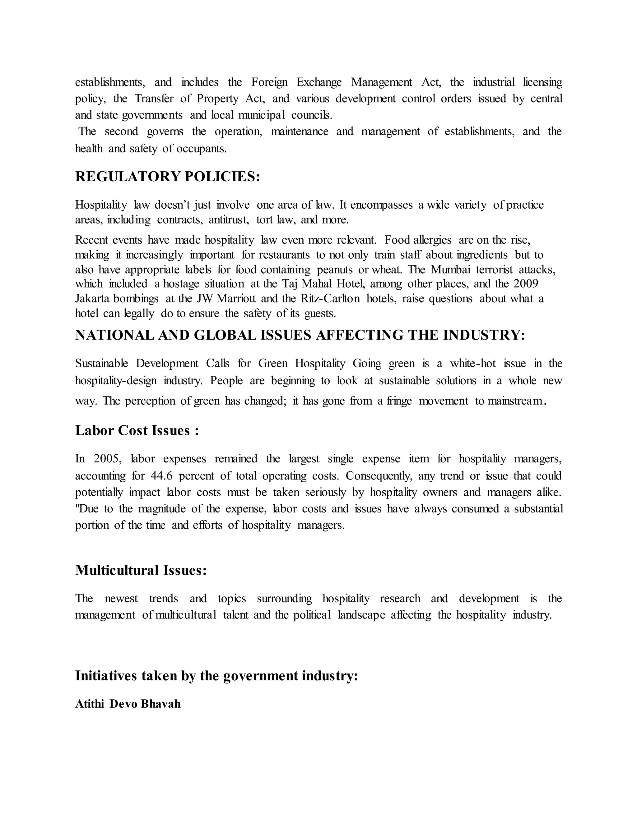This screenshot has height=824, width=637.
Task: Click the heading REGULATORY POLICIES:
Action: (168, 177)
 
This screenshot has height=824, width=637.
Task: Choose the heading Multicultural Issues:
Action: (141, 570)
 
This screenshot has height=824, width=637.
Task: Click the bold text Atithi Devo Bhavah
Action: (128, 704)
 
